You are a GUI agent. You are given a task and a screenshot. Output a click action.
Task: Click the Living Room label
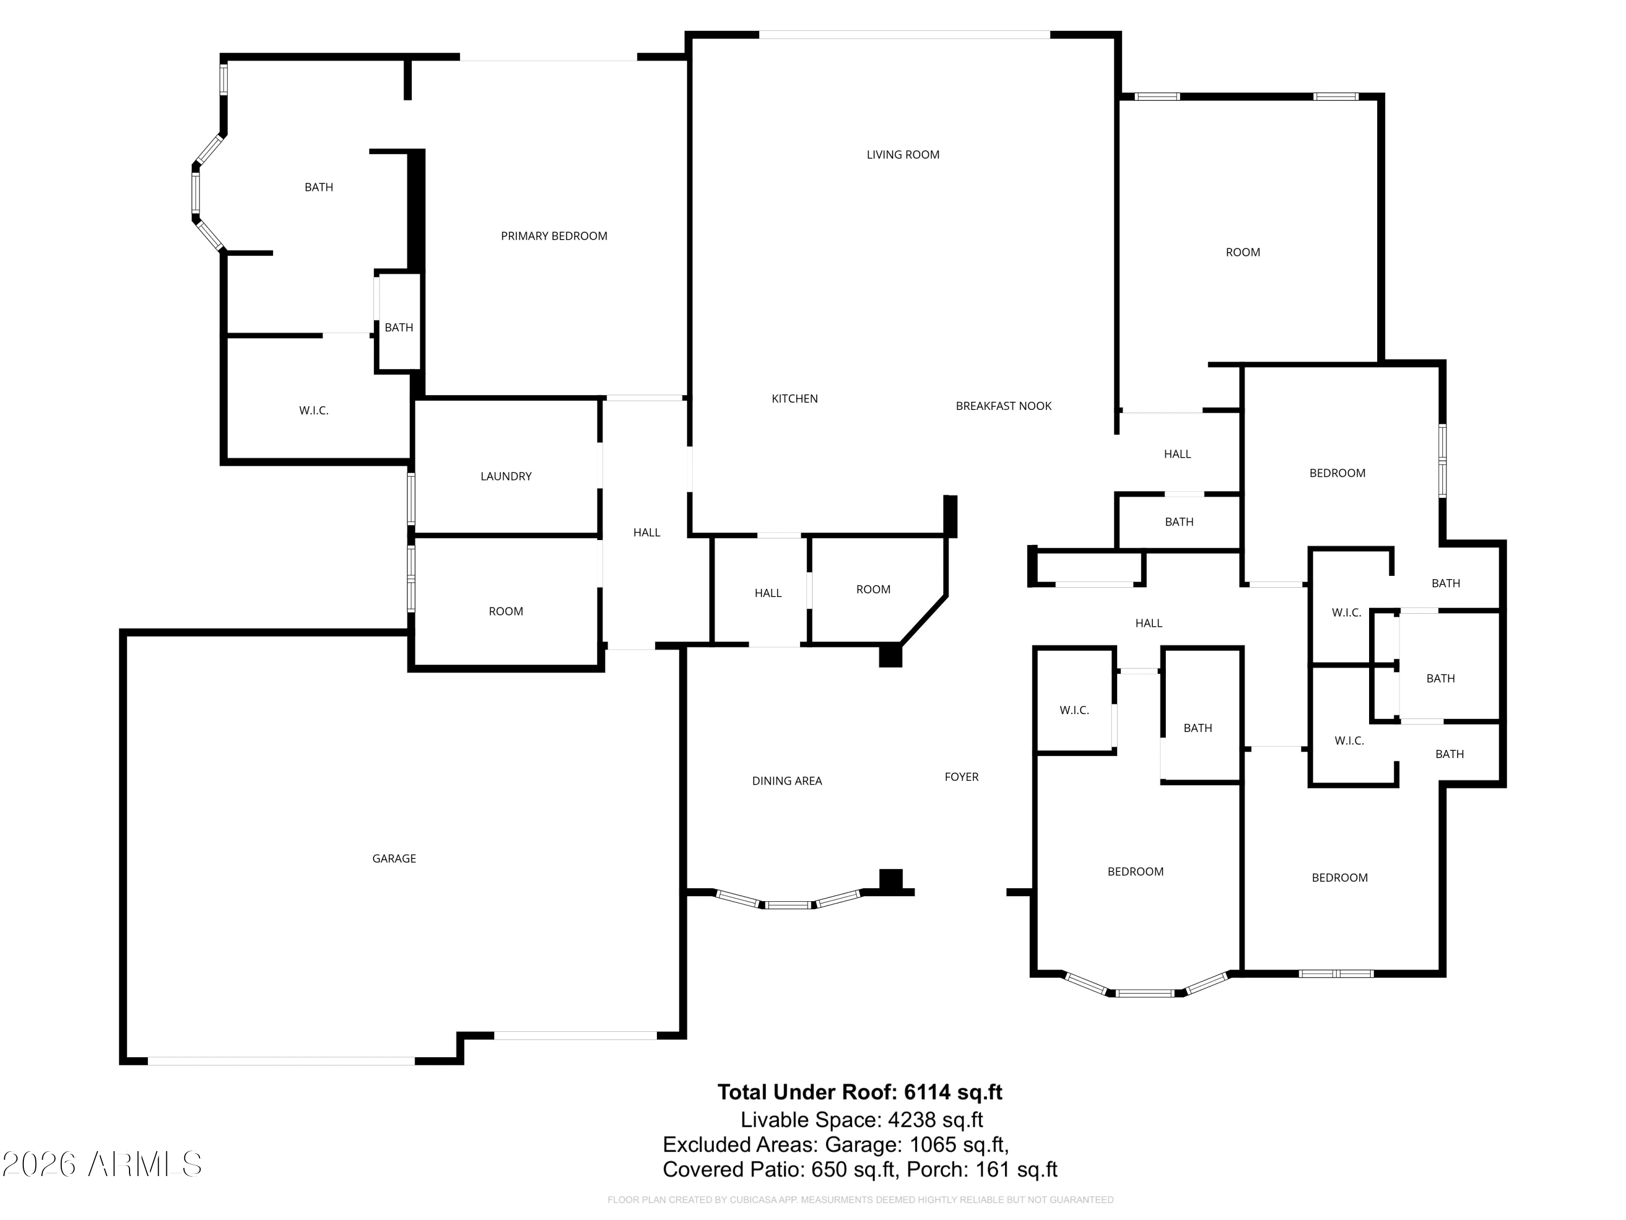(x=902, y=155)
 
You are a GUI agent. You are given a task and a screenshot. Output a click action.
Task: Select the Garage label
(x=394, y=858)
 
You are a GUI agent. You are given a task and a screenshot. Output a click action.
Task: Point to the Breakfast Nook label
(x=1003, y=406)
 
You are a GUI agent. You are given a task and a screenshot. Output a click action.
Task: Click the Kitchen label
(x=794, y=399)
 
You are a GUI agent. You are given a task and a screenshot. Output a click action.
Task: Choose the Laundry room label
(x=506, y=477)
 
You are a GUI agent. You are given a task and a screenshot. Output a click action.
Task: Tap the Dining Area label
(x=786, y=781)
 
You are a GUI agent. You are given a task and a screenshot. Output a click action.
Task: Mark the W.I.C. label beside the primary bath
(x=313, y=410)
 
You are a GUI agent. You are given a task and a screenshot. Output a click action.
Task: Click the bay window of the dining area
(x=788, y=904)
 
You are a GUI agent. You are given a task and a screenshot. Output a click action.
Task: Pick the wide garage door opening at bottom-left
(x=281, y=1061)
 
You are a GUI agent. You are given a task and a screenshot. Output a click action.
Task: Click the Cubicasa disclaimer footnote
(x=860, y=1200)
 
